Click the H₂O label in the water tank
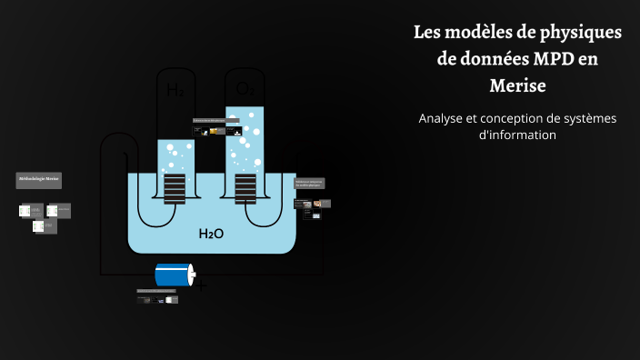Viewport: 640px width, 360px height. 211,234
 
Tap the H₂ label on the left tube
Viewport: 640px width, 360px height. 175,90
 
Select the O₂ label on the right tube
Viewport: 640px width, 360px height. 245,89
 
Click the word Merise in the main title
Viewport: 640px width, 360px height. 516,85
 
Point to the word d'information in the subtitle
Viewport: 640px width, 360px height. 516,135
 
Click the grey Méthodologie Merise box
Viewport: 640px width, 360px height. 39,181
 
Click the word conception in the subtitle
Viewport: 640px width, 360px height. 524,119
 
